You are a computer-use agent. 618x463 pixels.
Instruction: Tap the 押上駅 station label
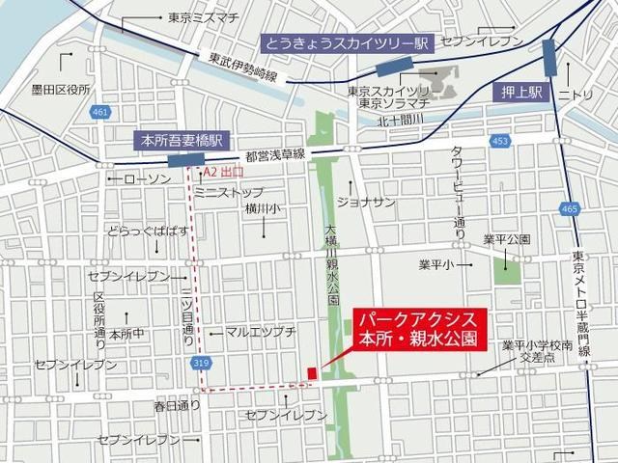pos(524,93)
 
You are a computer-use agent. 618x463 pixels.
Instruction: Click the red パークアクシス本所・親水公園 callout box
pos(417,329)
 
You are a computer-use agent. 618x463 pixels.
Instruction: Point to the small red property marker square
pos(311,373)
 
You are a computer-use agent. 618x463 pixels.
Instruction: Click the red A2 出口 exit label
pos(222,173)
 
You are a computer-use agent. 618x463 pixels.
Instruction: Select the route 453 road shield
pos(498,141)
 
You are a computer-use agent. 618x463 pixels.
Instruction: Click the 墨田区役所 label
pos(59,89)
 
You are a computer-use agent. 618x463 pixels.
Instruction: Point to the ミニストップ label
pos(228,193)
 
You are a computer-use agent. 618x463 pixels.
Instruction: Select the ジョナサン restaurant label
pos(366,202)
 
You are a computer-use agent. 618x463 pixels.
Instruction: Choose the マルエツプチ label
pos(261,331)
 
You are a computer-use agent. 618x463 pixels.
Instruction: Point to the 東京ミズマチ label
pos(202,17)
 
